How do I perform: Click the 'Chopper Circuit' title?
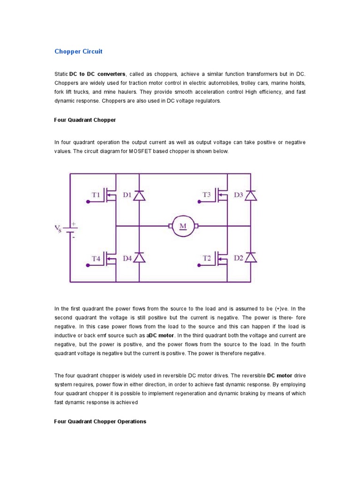pyautogui.click(x=78, y=51)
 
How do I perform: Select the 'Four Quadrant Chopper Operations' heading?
pyautogui.click(x=100, y=421)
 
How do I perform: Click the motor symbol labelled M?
pyautogui.click(x=183, y=226)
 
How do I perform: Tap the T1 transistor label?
pyautogui.click(x=96, y=195)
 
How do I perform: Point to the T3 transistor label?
pyautogui.click(x=207, y=195)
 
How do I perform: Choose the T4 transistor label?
pyautogui.click(x=96, y=258)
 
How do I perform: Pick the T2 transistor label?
pyautogui.click(x=207, y=258)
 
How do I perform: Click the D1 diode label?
pyautogui.click(x=127, y=195)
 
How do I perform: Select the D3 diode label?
pyautogui.click(x=239, y=195)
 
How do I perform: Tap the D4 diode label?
pyautogui.click(x=127, y=258)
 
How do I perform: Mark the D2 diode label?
pyautogui.click(x=239, y=258)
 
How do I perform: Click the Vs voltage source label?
pyautogui.click(x=58, y=229)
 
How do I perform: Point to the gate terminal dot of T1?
pyautogui.click(x=88, y=202)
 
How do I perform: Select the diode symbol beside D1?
pyautogui.click(x=139, y=195)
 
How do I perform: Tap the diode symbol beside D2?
pyautogui.click(x=251, y=257)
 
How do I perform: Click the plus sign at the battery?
pyautogui.click(x=73, y=224)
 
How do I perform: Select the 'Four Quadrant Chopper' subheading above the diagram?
pyautogui.click(x=85, y=120)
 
